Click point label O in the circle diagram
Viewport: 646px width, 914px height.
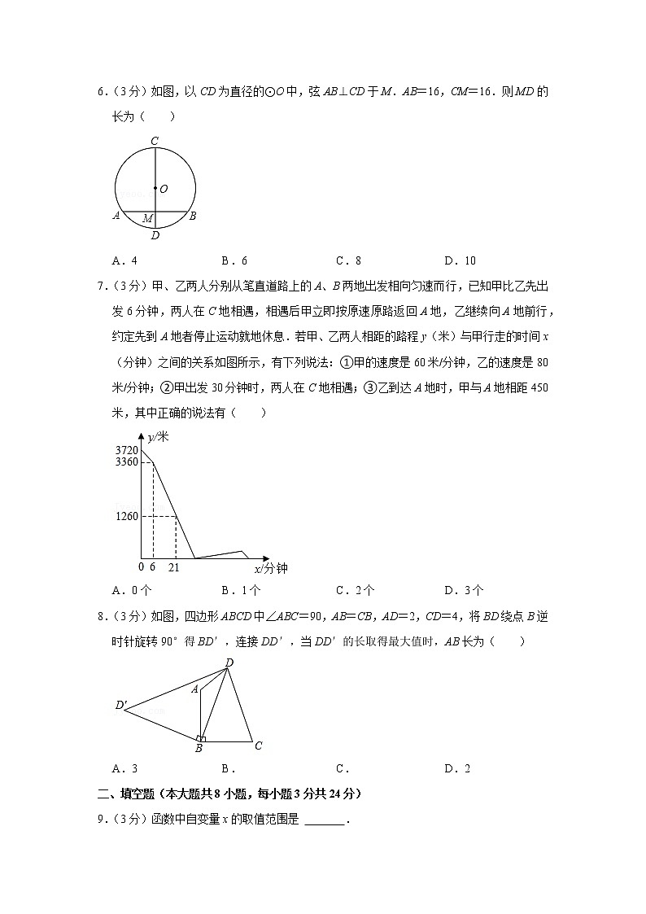(164, 189)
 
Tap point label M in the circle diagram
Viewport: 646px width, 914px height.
(147, 219)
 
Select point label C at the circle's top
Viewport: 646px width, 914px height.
(155, 141)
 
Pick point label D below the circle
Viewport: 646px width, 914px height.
(155, 236)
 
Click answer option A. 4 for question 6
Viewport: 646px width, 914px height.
(124, 261)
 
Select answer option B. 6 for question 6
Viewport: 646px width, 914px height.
(234, 261)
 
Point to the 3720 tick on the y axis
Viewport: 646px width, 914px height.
(127, 450)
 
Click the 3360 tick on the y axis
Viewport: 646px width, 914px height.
(127, 461)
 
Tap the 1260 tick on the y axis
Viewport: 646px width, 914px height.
(127, 515)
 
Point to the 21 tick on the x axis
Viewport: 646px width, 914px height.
(173, 566)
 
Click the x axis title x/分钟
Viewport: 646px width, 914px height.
(271, 568)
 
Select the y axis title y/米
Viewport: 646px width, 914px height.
(159, 437)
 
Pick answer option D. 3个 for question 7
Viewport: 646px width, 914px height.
(464, 590)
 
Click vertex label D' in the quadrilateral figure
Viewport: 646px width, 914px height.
(121, 705)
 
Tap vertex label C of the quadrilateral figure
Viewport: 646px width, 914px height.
(258, 745)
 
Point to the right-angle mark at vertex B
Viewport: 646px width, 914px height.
(202, 738)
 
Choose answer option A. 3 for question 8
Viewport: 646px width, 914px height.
(124, 768)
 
